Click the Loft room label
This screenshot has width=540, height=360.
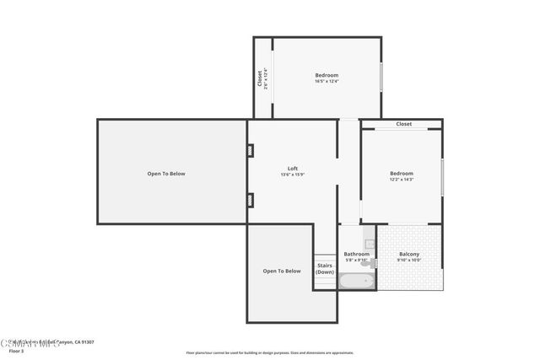click(292, 169)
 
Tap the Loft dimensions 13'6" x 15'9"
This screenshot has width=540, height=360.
click(292, 175)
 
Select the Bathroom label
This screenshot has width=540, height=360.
click(357, 254)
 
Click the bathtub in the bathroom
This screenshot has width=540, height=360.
click(354, 281)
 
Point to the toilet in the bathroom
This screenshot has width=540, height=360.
click(370, 261)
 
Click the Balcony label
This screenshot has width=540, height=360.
click(408, 254)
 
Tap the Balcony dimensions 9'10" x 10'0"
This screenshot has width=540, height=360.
click(408, 261)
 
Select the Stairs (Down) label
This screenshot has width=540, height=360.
click(325, 268)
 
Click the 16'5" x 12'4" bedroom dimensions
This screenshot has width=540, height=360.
click(327, 82)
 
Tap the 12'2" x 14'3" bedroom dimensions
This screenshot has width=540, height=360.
click(402, 180)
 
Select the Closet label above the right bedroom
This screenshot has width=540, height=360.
click(404, 124)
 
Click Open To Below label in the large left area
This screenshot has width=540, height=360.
click(166, 174)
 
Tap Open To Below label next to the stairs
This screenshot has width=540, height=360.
click(282, 271)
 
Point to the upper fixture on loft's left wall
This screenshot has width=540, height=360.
click(251, 151)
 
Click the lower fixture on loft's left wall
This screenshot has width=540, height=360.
click(251, 200)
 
